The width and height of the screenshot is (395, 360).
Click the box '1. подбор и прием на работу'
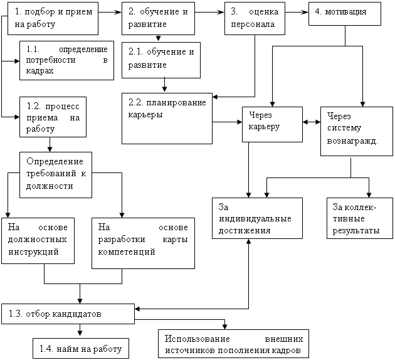pyautogui.click(x=53, y=18)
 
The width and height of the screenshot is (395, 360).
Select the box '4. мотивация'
pyautogui.click(x=345, y=14)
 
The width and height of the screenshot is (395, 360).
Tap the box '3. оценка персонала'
pyautogui.click(x=255, y=18)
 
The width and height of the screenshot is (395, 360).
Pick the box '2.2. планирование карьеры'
pyautogui.click(x=167, y=119)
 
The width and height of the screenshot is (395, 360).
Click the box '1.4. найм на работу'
pyautogui.click(x=81, y=348)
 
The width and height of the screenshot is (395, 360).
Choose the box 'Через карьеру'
pyautogui.click(x=272, y=124)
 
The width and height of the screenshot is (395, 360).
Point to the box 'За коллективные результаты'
pyautogui.click(x=360, y=218)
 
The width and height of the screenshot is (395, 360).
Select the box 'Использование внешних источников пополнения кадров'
pyautogui.click(x=233, y=344)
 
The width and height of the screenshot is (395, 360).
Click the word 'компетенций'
pyautogui.click(x=127, y=251)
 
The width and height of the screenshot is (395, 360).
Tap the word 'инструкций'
pyautogui.click(x=33, y=251)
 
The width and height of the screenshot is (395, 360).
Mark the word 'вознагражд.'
pyautogui.click(x=352, y=141)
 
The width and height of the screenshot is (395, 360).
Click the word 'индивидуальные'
pyautogui.click(x=255, y=219)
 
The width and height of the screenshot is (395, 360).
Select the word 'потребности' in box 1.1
pyautogui.click(x=51, y=60)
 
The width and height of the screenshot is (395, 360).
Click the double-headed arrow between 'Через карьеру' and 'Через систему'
pyautogui.click(x=312, y=122)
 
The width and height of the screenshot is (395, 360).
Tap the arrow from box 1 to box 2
pyautogui.click(x=110, y=12)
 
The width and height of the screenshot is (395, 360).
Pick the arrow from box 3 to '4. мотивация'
pyautogui.click(x=297, y=12)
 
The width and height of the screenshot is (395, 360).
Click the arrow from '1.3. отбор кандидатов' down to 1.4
pyautogui.click(x=80, y=330)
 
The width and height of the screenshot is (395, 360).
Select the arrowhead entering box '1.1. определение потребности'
pyautogui.click(x=18, y=61)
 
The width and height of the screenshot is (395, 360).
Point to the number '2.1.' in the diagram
pyautogui.click(x=135, y=51)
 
